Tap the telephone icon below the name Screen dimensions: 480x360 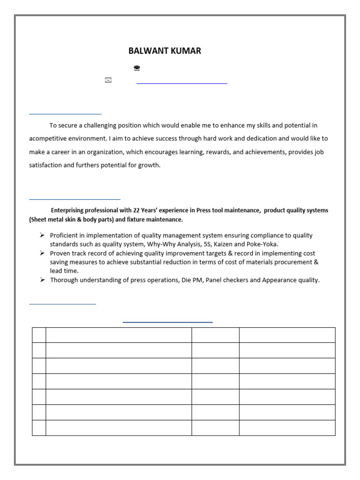click(137, 68)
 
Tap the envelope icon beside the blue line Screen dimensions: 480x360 click(108, 81)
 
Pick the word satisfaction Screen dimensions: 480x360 click(45, 165)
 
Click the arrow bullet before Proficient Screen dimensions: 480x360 click(42, 235)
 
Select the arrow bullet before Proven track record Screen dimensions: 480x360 click(42, 253)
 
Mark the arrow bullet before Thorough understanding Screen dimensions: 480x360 click(42, 280)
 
